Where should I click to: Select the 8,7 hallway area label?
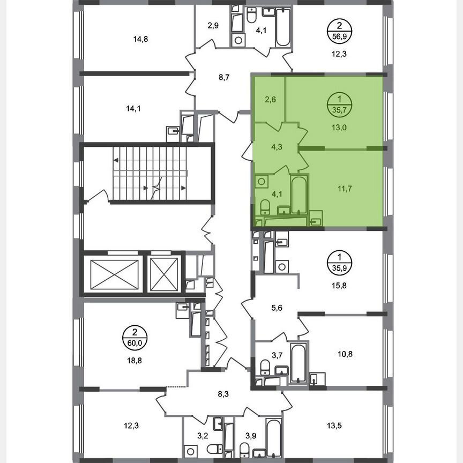(x=224, y=77)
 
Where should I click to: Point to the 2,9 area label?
(x=214, y=25)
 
